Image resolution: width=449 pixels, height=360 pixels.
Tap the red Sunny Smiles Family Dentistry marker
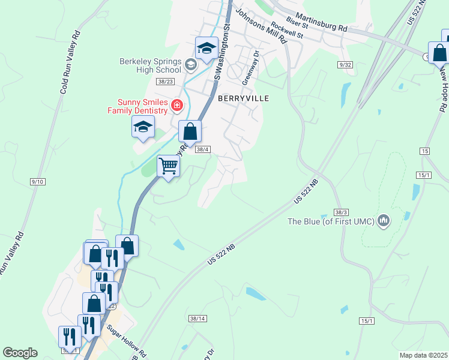[x=177, y=106]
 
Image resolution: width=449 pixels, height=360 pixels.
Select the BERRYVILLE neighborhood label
[x=243, y=98]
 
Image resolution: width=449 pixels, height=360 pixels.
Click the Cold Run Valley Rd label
[x=70, y=62]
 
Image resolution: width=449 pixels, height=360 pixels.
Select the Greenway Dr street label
[x=250, y=67]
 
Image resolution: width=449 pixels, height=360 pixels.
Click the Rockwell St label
[x=288, y=31]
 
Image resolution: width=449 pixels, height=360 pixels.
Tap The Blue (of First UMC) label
[x=331, y=222]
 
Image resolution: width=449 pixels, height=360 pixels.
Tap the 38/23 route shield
[x=164, y=80]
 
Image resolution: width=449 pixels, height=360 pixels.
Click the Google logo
[x=20, y=353]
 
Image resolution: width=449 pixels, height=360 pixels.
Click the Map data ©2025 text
[x=423, y=355]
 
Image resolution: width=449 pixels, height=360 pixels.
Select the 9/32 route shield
[x=345, y=64]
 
